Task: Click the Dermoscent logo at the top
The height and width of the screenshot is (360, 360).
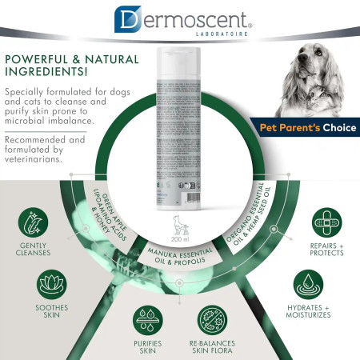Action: click(x=179, y=20)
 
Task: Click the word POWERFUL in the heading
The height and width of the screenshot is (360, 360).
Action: click(x=39, y=58)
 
